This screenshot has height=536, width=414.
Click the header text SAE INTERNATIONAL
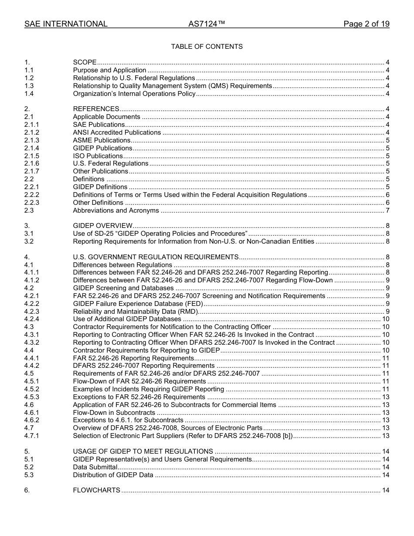[66, 24]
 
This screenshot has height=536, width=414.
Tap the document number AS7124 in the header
[207, 24]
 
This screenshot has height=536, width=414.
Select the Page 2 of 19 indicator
[366, 24]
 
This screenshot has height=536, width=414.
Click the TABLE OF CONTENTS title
[207, 47]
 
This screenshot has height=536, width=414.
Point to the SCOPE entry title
[85, 62]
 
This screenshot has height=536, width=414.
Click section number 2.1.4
[32, 148]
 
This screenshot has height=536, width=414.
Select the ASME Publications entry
[102, 140]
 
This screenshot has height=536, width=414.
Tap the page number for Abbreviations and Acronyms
[387, 210]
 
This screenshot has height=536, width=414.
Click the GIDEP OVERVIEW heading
[102, 226]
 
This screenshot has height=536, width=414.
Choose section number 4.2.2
[32, 304]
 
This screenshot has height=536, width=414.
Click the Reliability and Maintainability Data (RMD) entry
[136, 312]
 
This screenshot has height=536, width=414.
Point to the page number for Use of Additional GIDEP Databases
[386, 319]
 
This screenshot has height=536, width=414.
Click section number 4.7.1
[32, 436]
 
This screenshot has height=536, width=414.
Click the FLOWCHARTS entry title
[96, 491]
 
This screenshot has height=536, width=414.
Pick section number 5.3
[29, 475]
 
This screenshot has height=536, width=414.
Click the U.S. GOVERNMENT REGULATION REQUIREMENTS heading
[156, 257]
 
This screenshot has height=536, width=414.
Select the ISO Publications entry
[98, 156]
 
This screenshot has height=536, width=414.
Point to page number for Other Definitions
[387, 203]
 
